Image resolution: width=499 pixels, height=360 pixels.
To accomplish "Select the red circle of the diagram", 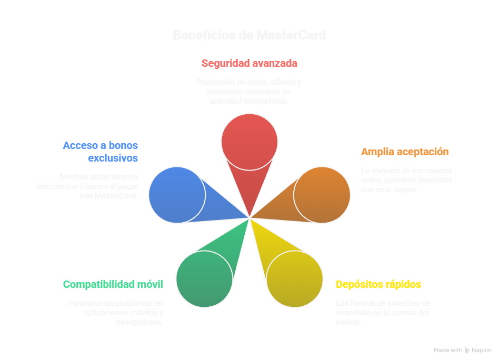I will (x=249, y=141).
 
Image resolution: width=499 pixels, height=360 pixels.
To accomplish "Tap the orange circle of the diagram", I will (x=322, y=195).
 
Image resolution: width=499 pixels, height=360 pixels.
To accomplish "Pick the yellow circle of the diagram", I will (x=294, y=278).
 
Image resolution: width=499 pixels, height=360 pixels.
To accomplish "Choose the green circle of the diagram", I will (x=204, y=278).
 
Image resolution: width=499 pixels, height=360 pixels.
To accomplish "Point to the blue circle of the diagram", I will (x=177, y=195).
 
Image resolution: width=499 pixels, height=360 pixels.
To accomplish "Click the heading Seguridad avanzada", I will (x=249, y=64).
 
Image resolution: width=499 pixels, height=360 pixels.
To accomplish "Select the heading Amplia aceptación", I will (x=404, y=152).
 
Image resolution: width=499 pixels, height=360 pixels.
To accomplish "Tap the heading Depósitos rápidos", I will (x=378, y=285).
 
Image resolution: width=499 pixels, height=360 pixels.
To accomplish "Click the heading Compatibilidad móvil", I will (x=113, y=285).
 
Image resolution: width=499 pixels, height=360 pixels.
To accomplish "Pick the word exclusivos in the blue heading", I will (x=113, y=158).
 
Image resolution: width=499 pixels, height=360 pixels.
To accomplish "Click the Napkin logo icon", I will (x=467, y=351).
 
